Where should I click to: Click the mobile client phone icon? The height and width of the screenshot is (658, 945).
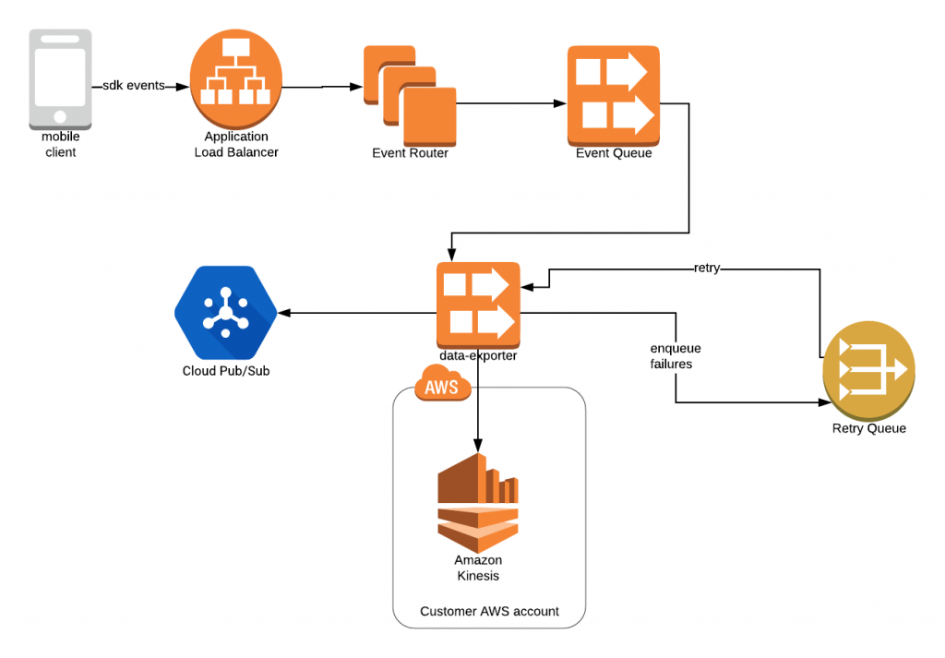(x=61, y=78)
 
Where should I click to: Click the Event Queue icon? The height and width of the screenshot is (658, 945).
(x=614, y=95)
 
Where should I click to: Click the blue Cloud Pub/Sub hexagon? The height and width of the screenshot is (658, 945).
(x=226, y=313)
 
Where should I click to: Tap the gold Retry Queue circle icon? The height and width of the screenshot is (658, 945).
(x=868, y=370)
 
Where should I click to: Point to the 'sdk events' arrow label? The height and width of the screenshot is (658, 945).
(x=134, y=86)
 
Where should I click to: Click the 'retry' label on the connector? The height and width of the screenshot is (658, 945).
(x=707, y=269)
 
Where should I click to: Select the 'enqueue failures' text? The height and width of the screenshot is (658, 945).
(x=675, y=356)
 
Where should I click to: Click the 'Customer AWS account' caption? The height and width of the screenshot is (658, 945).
(x=489, y=611)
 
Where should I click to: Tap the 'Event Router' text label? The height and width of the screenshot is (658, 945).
(x=410, y=153)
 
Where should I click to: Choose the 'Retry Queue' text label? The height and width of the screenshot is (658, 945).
(x=868, y=428)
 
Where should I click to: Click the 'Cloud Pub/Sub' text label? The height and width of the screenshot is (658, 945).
(x=226, y=372)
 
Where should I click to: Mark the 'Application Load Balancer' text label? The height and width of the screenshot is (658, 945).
(x=236, y=145)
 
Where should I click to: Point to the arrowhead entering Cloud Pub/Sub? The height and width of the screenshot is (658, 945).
(x=285, y=314)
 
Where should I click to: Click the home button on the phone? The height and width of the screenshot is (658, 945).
(x=61, y=117)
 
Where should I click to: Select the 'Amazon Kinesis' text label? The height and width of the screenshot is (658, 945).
(x=478, y=568)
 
